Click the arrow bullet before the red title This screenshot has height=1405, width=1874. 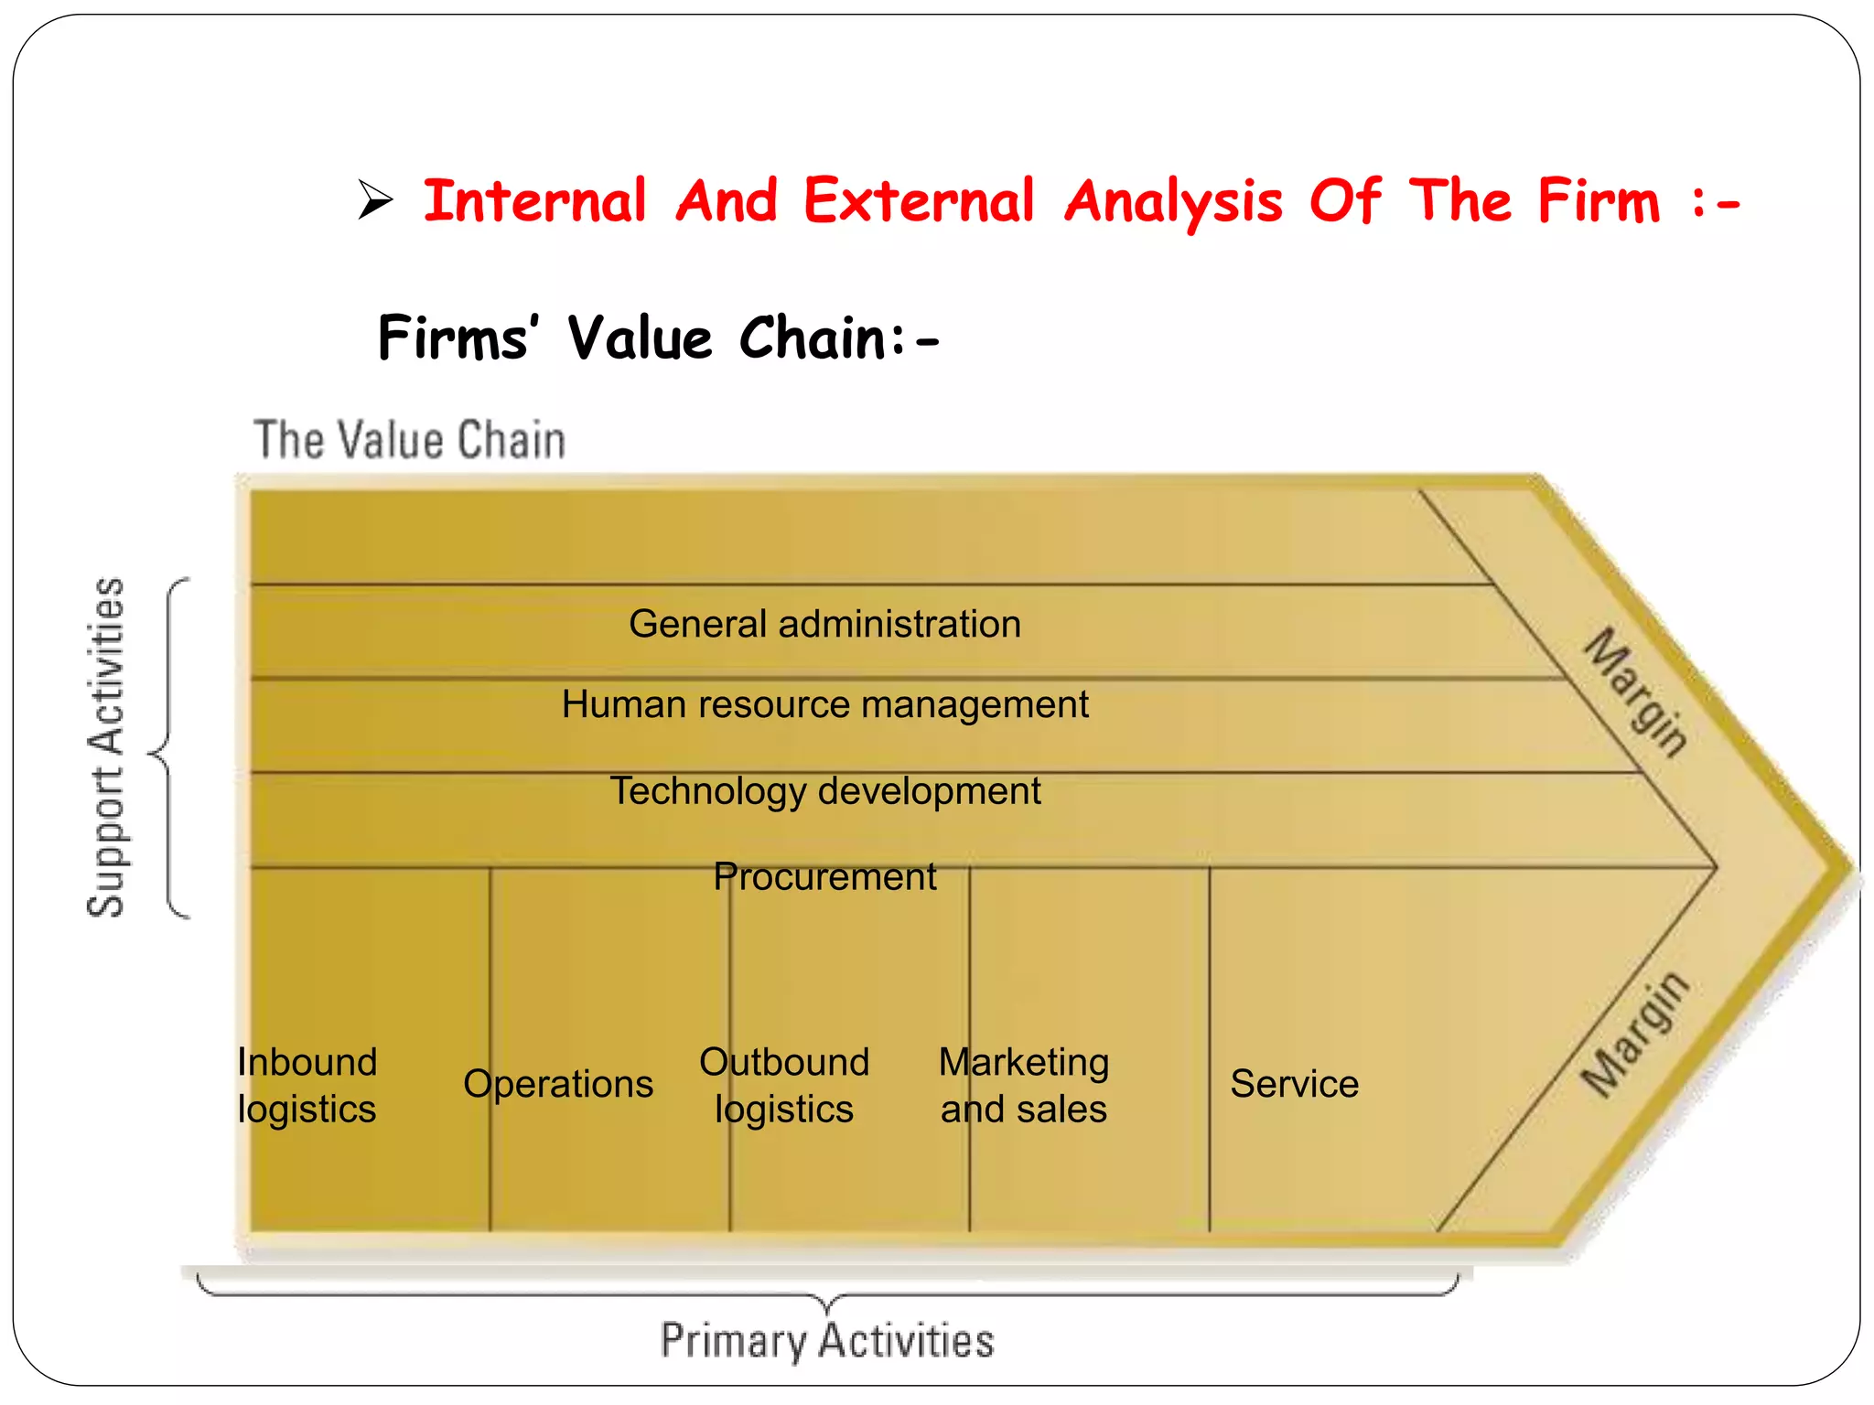coord(375,200)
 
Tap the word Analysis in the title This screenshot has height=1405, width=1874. coord(1174,202)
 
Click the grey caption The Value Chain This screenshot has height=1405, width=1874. coord(409,440)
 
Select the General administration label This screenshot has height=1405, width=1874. coord(824,625)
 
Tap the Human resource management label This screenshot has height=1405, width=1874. coord(824,705)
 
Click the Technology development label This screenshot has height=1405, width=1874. coord(824,791)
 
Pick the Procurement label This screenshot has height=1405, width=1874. coord(824,877)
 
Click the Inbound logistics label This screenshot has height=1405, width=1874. coord(307,1086)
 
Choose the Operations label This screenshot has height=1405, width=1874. coord(558,1085)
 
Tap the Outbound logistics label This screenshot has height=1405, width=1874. coord(784,1086)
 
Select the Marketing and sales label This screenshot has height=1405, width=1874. coord(1024,1086)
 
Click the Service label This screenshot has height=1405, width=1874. coord(1294,1085)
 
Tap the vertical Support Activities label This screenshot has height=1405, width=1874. coord(106,747)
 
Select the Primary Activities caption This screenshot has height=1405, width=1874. coord(826,1341)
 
